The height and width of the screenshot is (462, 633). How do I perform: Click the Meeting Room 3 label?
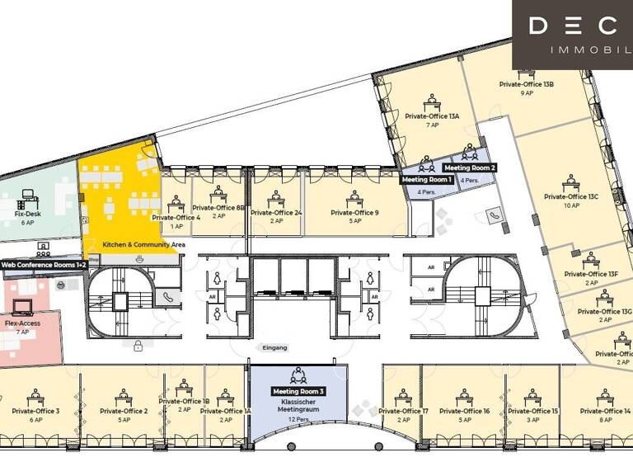pyautogui.click(x=299, y=391)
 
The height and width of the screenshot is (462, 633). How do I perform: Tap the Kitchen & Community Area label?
pyautogui.click(x=143, y=245)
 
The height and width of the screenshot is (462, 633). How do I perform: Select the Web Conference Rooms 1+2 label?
pyautogui.click(x=43, y=265)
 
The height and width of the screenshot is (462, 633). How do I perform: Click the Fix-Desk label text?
pyautogui.click(x=28, y=214)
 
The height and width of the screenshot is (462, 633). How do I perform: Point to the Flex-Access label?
pyautogui.click(x=22, y=323)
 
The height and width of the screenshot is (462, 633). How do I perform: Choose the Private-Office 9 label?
pyautogui.click(x=354, y=213)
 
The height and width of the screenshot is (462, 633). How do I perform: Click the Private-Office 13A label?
pyautogui.click(x=432, y=116)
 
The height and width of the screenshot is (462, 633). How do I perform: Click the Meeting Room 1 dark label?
pyautogui.click(x=427, y=179)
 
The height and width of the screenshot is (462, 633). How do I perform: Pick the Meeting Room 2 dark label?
pyautogui.click(x=470, y=167)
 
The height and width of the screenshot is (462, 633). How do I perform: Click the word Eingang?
pyautogui.click(x=274, y=348)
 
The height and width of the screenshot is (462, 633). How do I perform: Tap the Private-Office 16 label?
pyautogui.click(x=464, y=411)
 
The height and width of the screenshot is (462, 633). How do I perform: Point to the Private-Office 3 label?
pyautogui.click(x=35, y=411)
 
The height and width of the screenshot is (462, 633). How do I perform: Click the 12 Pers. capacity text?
pyautogui.click(x=299, y=420)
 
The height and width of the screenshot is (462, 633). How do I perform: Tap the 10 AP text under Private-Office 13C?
pyautogui.click(x=571, y=206)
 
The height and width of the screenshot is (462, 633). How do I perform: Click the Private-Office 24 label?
pyautogui.click(x=276, y=213)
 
